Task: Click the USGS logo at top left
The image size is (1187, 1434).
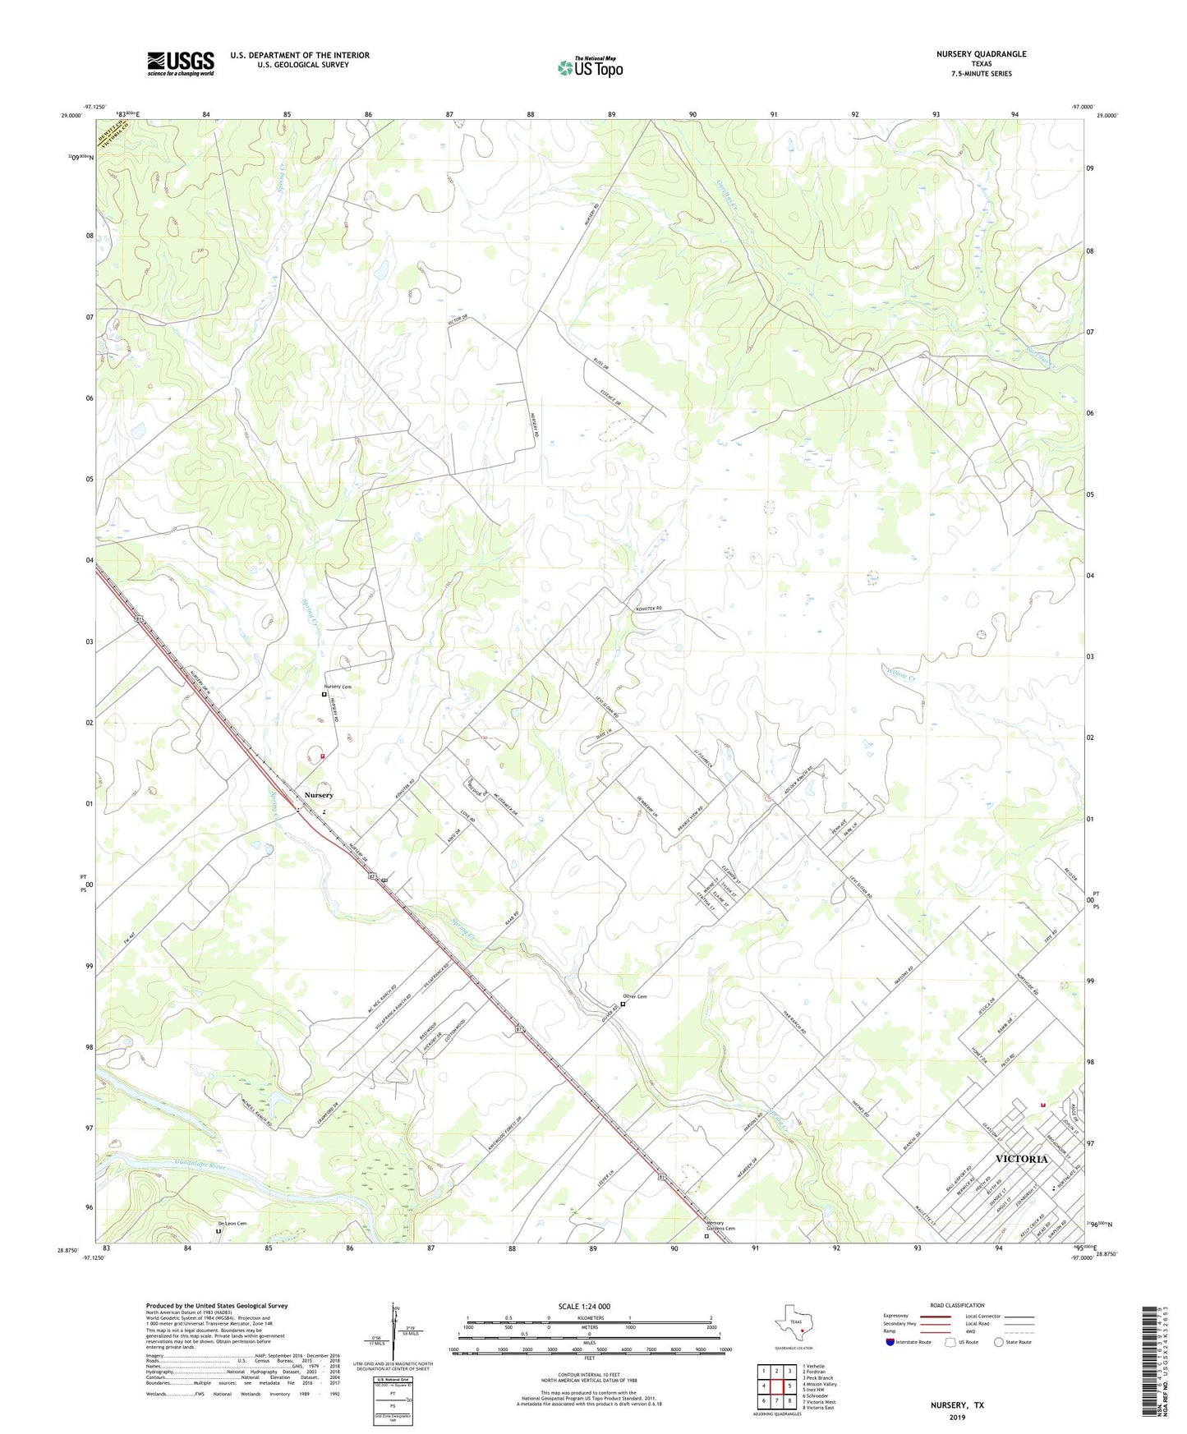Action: click(x=181, y=63)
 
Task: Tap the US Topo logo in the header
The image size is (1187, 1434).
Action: click(x=590, y=67)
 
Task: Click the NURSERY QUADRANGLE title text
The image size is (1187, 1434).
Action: click(x=981, y=54)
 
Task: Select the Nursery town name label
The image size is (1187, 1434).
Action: click(x=319, y=795)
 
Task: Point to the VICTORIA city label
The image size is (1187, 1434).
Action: click(x=1021, y=1159)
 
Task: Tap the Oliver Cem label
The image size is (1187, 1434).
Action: click(x=634, y=997)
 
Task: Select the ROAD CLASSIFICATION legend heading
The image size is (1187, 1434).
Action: click(x=957, y=1305)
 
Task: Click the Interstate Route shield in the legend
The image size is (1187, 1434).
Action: click(x=891, y=1342)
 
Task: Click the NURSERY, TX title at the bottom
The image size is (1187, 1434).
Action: click(x=957, y=1405)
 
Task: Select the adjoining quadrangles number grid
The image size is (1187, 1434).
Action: click(x=776, y=1388)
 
